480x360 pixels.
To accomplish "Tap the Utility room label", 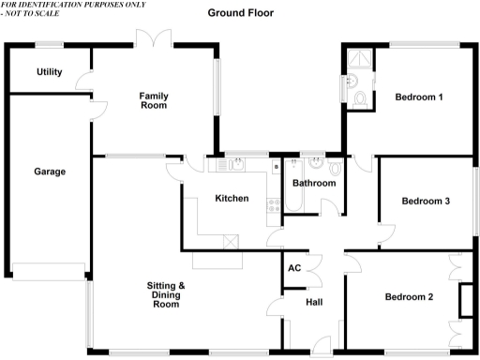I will [49, 72].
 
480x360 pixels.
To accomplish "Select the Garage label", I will [50, 172].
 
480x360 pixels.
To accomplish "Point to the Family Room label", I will [154, 100].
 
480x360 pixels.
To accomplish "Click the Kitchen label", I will [232, 198].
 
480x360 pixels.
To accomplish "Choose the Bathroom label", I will [313, 183].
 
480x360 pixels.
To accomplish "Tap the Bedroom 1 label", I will [418, 97].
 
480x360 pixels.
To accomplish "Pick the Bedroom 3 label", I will [426, 201].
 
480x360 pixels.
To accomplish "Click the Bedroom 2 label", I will [409, 297].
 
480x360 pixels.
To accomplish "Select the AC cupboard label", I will [294, 268].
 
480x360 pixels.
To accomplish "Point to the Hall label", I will [314, 302].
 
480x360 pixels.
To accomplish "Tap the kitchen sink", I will [231, 164].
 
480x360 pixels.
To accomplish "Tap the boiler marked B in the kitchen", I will [276, 166].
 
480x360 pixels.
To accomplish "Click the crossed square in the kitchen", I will [232, 240].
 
